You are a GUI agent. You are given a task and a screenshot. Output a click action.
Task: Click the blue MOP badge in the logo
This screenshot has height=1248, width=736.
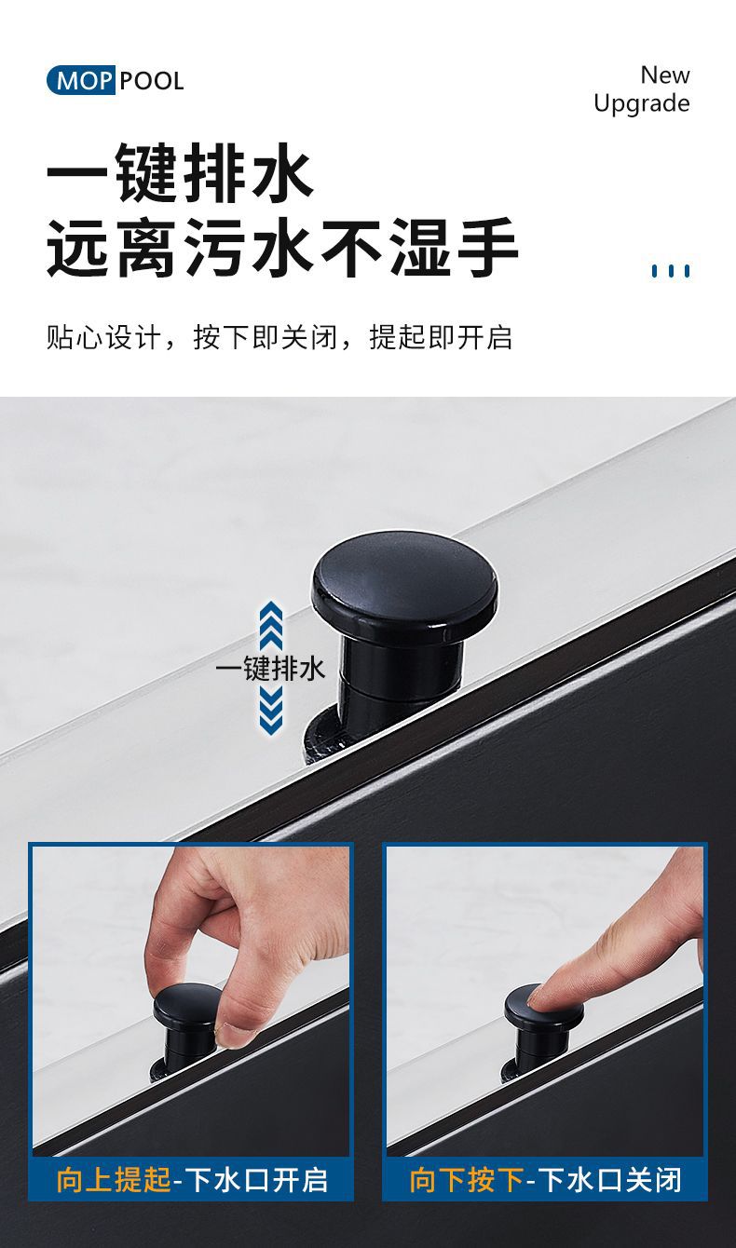click(81, 81)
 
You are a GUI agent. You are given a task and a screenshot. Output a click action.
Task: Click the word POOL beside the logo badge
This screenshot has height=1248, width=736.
click(152, 82)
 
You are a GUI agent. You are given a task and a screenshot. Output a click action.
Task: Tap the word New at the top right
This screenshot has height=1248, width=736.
click(665, 75)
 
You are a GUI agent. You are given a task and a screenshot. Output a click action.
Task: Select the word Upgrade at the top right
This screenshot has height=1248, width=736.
click(642, 104)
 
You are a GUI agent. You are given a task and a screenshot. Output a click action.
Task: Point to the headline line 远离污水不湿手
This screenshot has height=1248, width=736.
click(282, 247)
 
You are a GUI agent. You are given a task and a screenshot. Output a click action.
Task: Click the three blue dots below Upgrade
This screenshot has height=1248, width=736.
click(671, 271)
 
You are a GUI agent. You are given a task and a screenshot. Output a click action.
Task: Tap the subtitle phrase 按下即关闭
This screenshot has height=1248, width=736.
click(266, 337)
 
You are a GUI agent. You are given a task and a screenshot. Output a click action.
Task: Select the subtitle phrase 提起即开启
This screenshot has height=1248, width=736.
click(441, 337)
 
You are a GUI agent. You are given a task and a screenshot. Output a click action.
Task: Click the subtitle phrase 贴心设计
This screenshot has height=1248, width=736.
click(103, 337)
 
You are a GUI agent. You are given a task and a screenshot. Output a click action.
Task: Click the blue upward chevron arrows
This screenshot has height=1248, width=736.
click(271, 626)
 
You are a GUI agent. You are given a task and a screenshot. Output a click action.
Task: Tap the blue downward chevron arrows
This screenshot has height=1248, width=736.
click(271, 708)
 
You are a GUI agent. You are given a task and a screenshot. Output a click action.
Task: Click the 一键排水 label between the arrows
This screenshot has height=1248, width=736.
click(269, 669)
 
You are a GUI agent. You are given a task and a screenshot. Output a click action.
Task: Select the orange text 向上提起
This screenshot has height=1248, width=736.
click(114, 1180)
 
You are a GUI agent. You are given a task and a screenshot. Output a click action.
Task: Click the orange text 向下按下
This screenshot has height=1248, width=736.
click(467, 1180)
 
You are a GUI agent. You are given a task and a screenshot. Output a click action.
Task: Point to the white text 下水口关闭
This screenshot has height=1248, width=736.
click(610, 1180)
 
